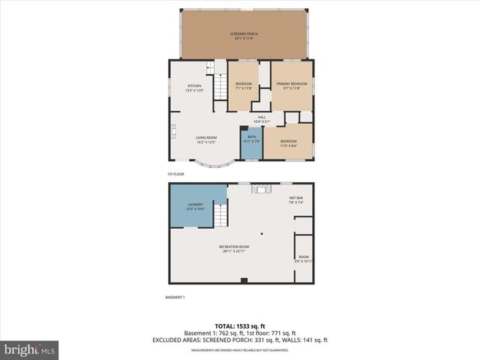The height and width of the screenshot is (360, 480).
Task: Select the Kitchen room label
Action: point(194,88)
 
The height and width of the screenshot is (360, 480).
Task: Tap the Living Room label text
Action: point(206,139)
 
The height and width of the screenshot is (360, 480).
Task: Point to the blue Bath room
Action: point(250,142)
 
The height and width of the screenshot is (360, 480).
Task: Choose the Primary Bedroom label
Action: point(292,85)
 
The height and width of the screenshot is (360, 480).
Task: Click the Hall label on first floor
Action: point(262,118)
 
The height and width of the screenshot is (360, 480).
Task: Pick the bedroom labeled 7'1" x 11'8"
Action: point(244,85)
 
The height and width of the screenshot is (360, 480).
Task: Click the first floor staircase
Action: point(220,87)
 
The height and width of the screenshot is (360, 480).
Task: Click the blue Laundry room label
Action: point(195,207)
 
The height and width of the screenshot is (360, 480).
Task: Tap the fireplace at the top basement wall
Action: point(260,188)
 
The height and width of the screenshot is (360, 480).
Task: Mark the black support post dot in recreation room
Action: point(262,232)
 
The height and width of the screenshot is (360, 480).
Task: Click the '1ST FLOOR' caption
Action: point(175,174)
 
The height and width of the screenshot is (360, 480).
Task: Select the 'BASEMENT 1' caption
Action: point(175,298)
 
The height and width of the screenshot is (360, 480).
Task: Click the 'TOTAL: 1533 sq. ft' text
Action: point(240,326)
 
